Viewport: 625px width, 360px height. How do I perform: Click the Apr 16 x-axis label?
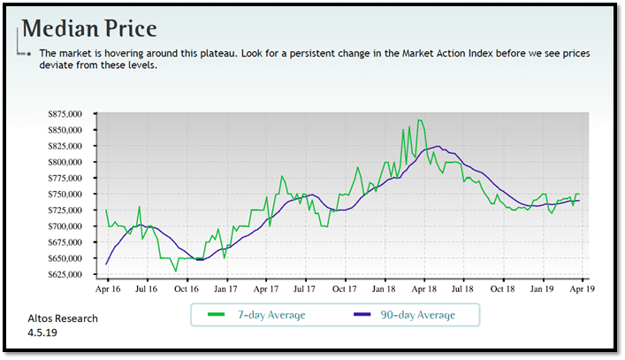(x=107, y=288)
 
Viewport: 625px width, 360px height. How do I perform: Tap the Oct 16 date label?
(x=187, y=288)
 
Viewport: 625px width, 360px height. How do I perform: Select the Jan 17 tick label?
(x=226, y=288)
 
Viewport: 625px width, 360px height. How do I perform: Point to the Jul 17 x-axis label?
(x=305, y=288)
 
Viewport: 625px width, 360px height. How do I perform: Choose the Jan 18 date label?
(x=384, y=288)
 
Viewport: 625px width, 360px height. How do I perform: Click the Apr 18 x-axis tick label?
(x=423, y=288)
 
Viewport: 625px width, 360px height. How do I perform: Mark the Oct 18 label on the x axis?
(x=502, y=288)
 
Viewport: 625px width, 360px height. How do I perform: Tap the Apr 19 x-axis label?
(x=581, y=288)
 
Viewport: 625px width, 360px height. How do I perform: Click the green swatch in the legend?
(x=215, y=315)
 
